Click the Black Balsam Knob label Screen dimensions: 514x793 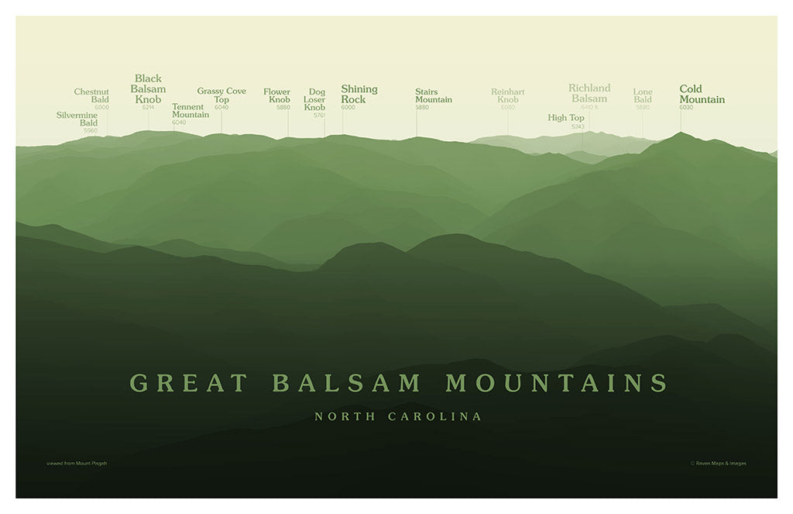point(148,88)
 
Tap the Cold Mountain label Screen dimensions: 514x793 point(702,94)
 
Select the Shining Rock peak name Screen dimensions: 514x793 point(359,94)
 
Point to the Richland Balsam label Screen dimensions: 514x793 point(589,93)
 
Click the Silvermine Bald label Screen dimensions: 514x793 point(77,119)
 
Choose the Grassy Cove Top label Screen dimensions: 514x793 point(221,95)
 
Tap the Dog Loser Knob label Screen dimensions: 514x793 point(314,99)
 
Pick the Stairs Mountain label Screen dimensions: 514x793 point(433,95)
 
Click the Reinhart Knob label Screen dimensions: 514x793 point(508,95)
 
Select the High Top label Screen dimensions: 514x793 point(566,118)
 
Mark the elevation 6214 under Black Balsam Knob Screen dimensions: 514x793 point(148,107)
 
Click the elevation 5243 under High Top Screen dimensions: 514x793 point(578,126)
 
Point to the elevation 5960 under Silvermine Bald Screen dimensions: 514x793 point(91,130)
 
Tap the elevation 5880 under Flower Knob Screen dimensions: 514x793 point(283,107)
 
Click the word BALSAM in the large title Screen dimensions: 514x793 point(347,383)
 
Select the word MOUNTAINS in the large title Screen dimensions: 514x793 point(556,383)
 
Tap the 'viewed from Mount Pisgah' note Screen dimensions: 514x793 point(77,464)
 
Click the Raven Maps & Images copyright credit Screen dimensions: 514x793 point(718,464)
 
